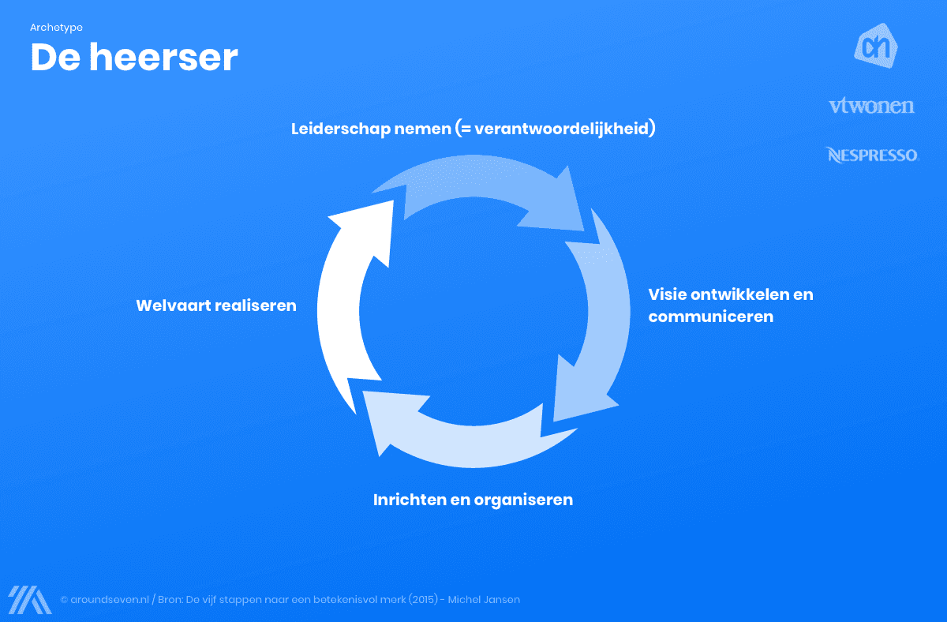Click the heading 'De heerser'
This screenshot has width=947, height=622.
coord(134,58)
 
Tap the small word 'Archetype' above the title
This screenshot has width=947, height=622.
coord(56,28)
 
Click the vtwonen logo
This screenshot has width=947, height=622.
coord(871,106)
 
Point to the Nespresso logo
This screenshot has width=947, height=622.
coord(872,155)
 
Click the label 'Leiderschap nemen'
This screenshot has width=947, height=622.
coord(370,129)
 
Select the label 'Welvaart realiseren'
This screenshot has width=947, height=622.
coord(216,305)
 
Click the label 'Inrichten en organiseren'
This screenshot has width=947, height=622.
coord(473,500)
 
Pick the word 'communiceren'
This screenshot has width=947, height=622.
coord(710,317)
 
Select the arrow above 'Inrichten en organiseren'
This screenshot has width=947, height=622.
coord(450,430)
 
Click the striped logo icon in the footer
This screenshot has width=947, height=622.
coord(29,599)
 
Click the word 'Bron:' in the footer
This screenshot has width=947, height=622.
coord(170,600)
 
